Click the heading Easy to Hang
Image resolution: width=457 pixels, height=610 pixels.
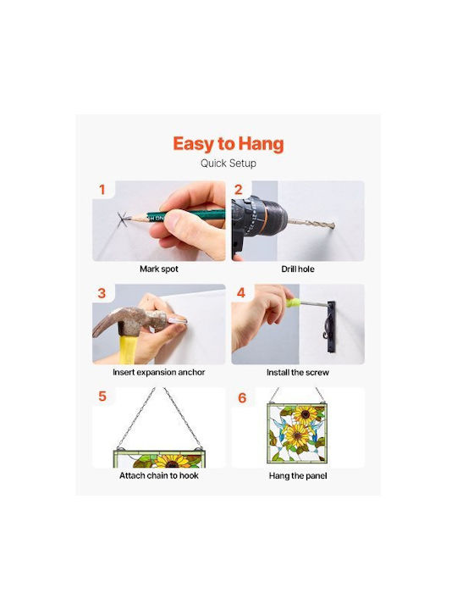(228, 144)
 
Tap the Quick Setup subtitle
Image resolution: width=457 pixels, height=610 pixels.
(228, 164)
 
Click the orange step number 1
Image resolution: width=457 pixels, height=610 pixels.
(102, 190)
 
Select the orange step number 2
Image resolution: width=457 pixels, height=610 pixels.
(238, 190)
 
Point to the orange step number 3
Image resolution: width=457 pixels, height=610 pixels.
(102, 293)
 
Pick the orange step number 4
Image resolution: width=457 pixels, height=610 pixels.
(241, 292)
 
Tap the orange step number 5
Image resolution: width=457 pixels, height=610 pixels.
(102, 396)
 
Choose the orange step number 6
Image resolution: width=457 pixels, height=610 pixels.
(242, 397)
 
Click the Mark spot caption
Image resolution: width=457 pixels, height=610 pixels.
(159, 269)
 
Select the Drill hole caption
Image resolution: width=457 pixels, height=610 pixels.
(298, 269)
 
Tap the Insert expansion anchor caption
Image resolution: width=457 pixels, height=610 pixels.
(158, 372)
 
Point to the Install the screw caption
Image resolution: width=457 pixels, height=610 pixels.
(298, 372)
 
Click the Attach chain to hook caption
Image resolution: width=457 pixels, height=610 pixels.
(159, 475)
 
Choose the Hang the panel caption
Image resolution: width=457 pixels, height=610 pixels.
(298, 476)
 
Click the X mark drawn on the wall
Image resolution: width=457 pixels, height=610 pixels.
(123, 219)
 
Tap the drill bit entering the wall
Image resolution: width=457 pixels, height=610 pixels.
(311, 224)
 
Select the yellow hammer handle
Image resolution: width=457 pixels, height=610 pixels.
(128, 350)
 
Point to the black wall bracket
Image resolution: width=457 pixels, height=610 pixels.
(331, 327)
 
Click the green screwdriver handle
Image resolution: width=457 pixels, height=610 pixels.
(290, 302)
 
